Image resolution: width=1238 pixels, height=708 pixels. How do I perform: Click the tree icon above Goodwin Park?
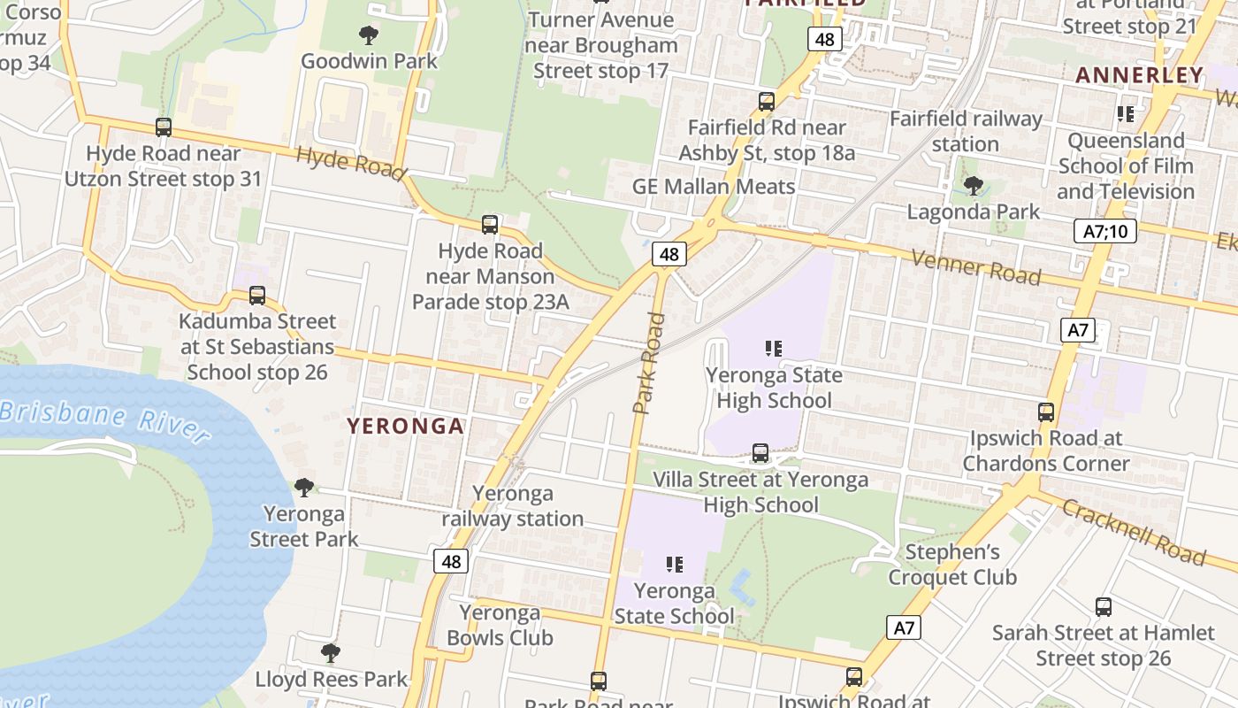(369, 35)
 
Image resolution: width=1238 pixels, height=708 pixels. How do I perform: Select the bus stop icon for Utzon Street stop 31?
(164, 127)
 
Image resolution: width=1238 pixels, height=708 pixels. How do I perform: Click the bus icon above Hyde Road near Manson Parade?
(490, 225)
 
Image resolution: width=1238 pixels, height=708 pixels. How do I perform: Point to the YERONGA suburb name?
(406, 427)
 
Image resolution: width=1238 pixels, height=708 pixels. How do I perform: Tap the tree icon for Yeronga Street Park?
(304, 488)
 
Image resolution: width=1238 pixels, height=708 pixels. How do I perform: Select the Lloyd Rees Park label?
(331, 680)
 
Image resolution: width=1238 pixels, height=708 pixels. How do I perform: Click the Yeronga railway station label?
(513, 506)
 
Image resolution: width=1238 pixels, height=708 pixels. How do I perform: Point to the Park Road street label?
(649, 363)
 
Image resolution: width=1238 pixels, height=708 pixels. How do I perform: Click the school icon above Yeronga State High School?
(774, 349)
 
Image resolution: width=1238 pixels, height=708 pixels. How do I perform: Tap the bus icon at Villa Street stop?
(760, 453)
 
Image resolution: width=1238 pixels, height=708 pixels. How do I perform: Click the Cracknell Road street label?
(1134, 532)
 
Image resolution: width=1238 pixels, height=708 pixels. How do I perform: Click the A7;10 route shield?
(1105, 232)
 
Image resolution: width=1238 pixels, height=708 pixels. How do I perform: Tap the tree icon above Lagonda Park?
(974, 186)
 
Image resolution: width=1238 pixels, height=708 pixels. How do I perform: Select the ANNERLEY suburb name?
(1140, 75)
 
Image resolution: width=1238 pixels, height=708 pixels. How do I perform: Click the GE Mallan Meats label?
(714, 187)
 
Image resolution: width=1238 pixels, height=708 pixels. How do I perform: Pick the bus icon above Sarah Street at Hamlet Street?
(1104, 607)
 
